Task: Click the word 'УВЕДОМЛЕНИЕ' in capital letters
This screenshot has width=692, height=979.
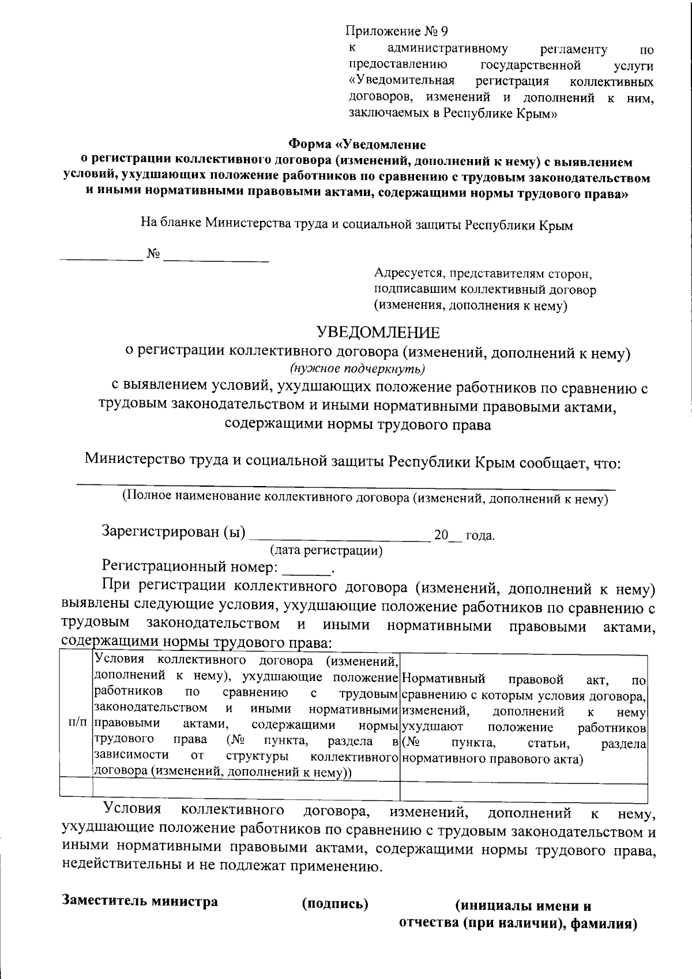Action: (378, 333)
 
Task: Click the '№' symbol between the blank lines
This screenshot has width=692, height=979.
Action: (153, 254)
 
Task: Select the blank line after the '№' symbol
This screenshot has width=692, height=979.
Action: (216, 261)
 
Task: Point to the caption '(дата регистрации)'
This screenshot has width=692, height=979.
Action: (326, 551)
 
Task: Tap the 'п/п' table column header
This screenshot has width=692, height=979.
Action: (77, 722)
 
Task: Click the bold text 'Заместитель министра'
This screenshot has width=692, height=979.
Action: (140, 901)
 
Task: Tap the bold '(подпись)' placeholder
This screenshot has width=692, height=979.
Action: (335, 903)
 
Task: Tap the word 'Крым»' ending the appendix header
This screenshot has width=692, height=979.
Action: (540, 114)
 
